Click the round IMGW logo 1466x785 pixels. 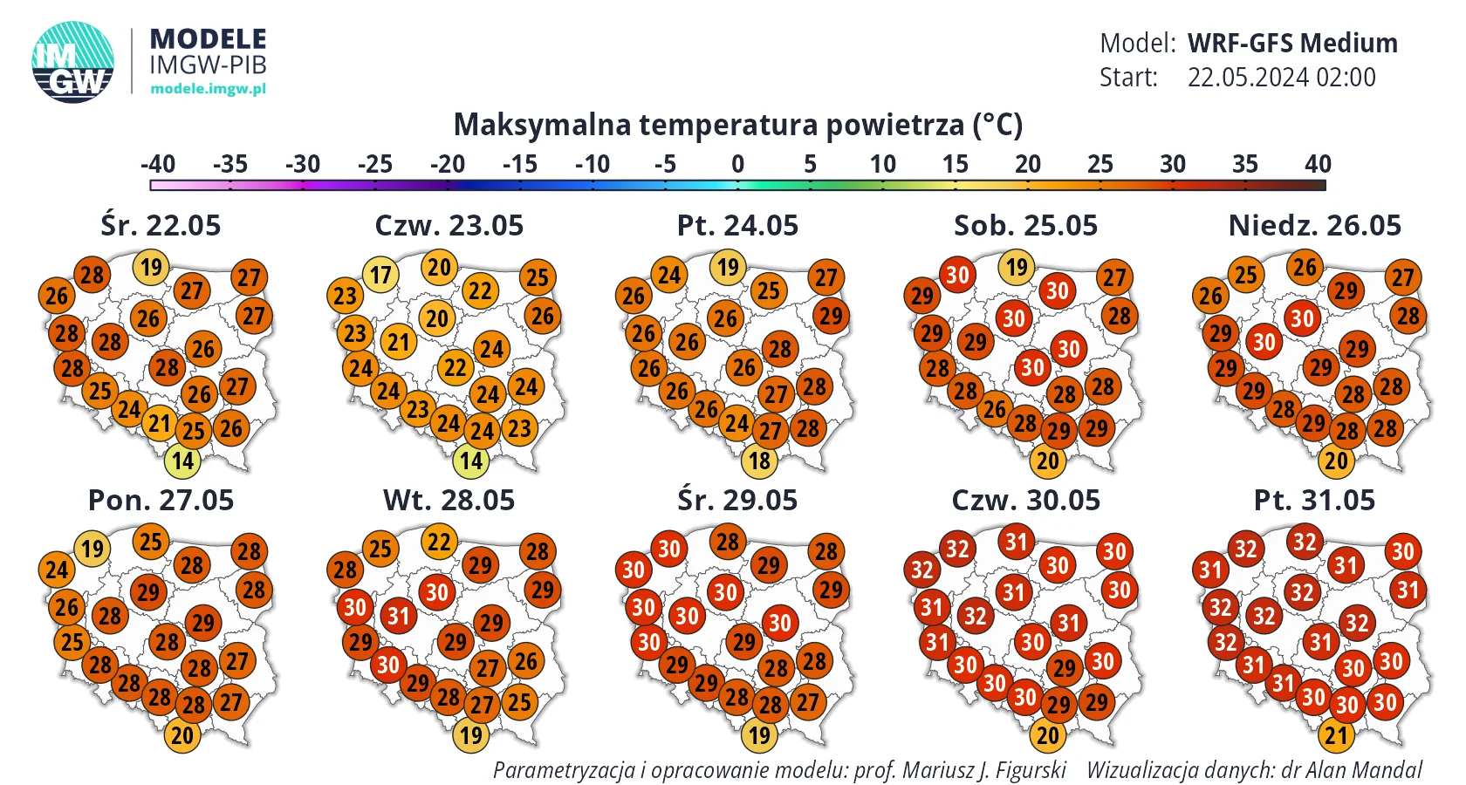pyautogui.click(x=72, y=62)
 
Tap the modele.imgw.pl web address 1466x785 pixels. pyautogui.click(x=208, y=89)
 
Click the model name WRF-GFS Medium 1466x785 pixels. pyautogui.click(x=1292, y=44)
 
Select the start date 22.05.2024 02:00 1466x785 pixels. pyautogui.click(x=1281, y=77)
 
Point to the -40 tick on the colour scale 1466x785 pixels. pyautogui.click(x=158, y=164)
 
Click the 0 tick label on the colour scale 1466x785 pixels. pyautogui.click(x=737, y=164)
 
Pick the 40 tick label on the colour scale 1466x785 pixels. pyautogui.click(x=1318, y=164)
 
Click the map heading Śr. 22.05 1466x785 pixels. pyautogui.click(x=161, y=226)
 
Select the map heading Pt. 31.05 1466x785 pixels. pyautogui.click(x=1314, y=501)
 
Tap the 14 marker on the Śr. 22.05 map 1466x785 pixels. pyautogui.click(x=182, y=461)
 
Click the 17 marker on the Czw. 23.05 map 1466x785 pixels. pyautogui.click(x=380, y=275)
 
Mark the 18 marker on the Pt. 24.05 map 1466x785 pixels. pyautogui.click(x=759, y=461)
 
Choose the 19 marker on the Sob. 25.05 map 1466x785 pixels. pyautogui.click(x=1017, y=267)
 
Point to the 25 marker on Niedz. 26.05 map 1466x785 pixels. pyautogui.click(x=1245, y=275)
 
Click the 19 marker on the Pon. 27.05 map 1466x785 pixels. pyautogui.click(x=92, y=548)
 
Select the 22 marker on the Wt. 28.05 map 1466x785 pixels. pyautogui.click(x=439, y=542)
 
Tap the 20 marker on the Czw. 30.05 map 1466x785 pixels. pyautogui.click(x=1048, y=735)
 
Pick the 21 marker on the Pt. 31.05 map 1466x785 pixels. pyautogui.click(x=1337, y=735)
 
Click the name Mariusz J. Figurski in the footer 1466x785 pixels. pyautogui.click(x=984, y=770)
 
